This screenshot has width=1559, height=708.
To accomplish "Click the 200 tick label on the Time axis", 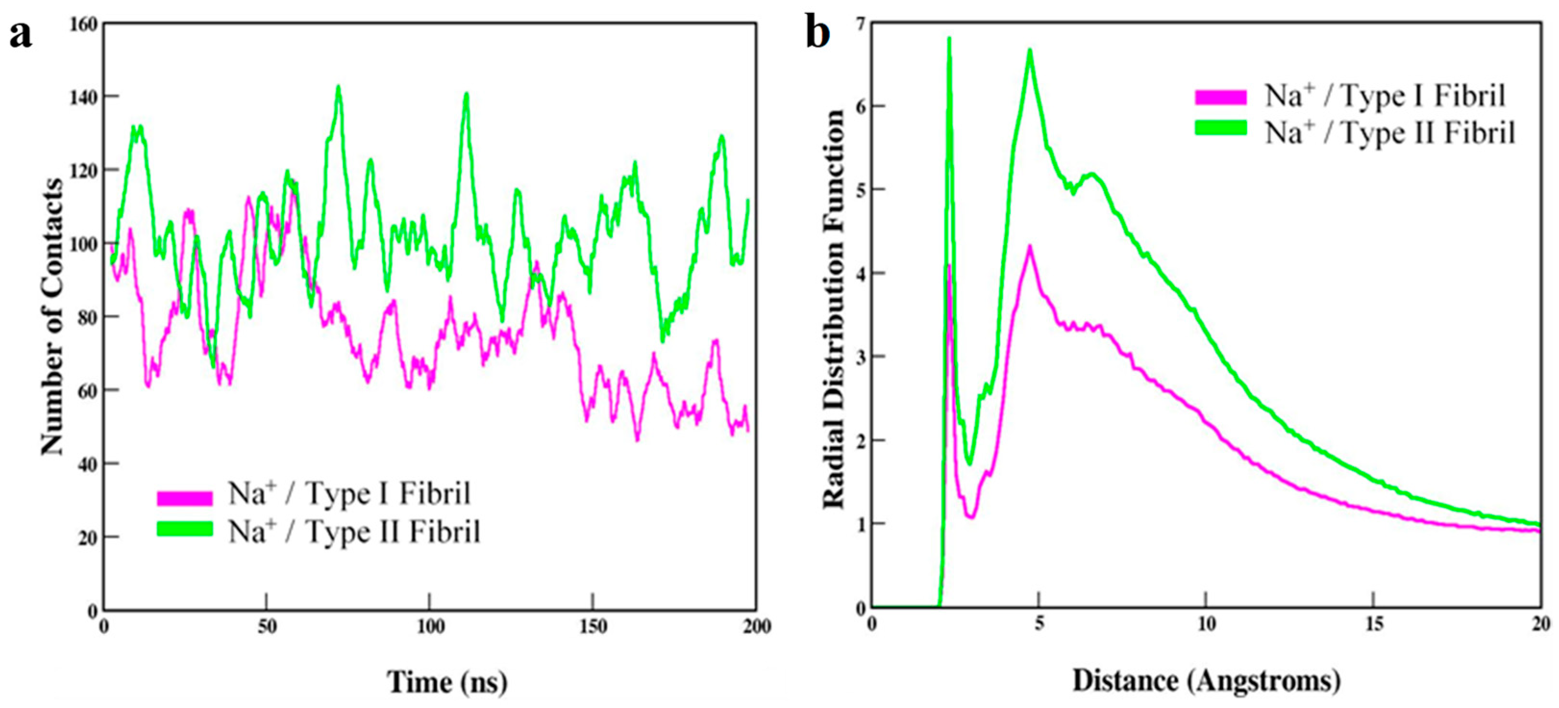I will [x=756, y=627].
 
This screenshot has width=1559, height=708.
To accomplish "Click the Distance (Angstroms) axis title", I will [x=1206, y=681].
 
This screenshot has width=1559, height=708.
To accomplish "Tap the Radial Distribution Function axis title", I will [x=834, y=309].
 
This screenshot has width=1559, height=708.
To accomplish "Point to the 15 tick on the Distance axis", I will [x=1374, y=624].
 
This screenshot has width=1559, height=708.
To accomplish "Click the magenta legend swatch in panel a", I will [x=185, y=497].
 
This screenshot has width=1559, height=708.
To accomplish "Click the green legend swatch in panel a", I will [x=185, y=528].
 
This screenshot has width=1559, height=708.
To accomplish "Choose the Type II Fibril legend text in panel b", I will [x=1389, y=133].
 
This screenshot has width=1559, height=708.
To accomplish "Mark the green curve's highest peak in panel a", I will [x=338, y=87].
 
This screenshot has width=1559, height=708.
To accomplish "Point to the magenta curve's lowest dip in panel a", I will [x=637, y=439].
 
